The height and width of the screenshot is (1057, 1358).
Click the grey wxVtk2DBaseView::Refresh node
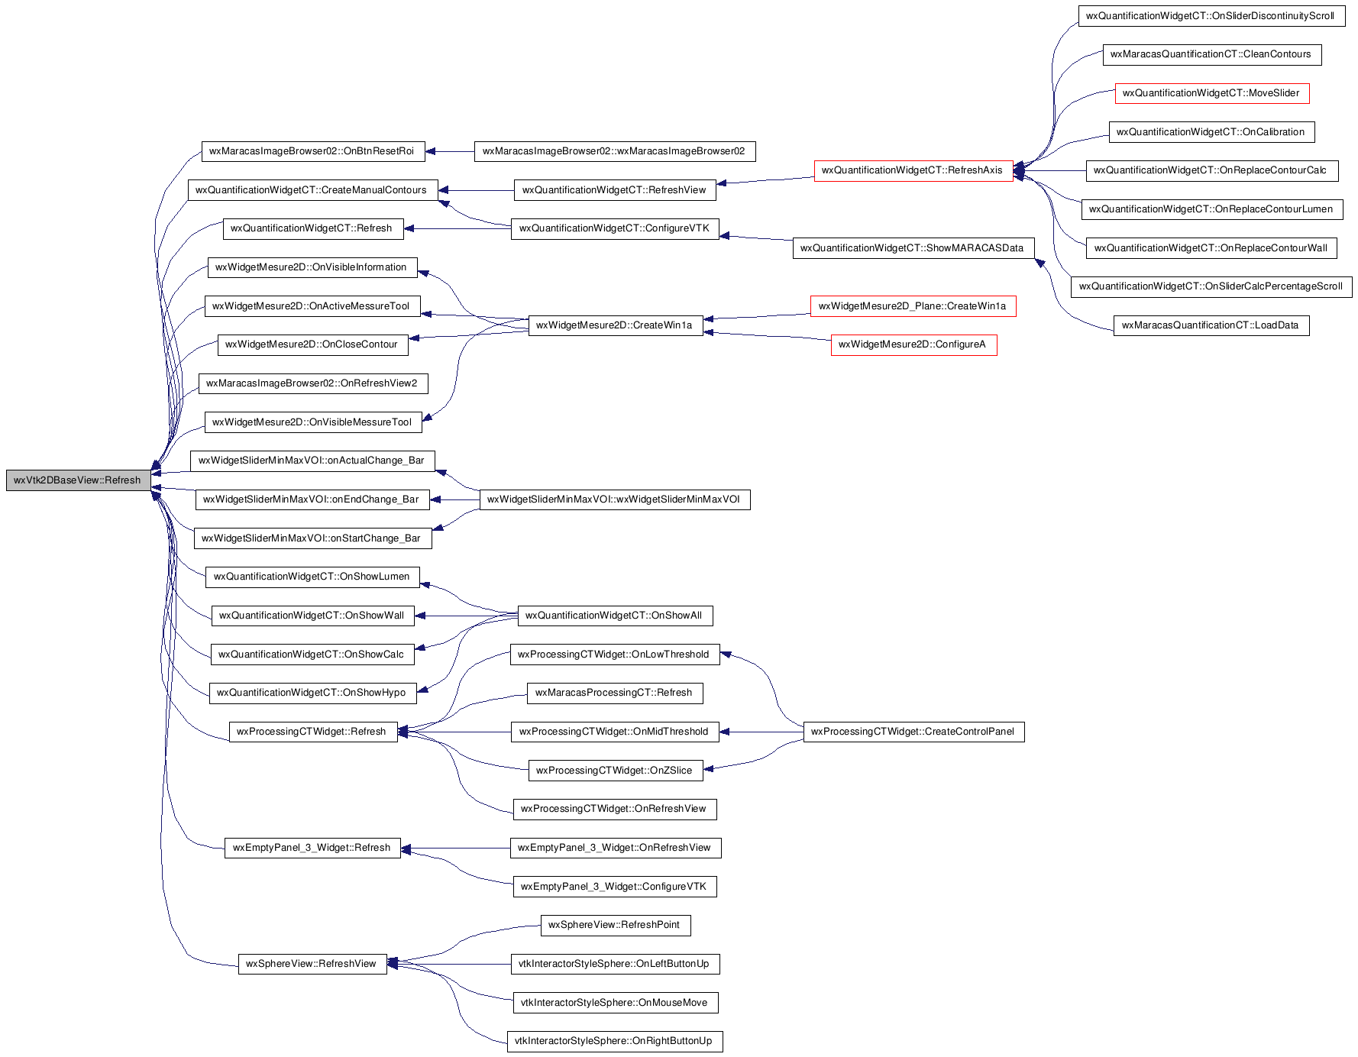(78, 480)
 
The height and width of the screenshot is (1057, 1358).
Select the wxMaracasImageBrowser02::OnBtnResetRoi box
(313, 151)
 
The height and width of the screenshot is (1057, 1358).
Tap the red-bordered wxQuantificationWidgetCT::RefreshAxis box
(913, 170)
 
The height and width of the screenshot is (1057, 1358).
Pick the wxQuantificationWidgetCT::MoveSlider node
(1212, 93)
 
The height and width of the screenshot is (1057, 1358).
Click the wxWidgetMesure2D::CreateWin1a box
(616, 325)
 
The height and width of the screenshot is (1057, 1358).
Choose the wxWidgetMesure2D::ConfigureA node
(913, 344)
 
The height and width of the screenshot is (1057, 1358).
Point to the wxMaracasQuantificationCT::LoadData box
(1211, 325)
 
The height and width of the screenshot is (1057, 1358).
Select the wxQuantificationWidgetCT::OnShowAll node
(615, 616)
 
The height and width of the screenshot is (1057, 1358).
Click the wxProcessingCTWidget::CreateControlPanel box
(913, 732)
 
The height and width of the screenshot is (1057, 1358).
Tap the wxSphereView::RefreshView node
(312, 964)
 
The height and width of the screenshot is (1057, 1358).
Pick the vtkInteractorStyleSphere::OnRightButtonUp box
(615, 1041)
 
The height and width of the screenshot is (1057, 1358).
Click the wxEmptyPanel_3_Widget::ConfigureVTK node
(615, 887)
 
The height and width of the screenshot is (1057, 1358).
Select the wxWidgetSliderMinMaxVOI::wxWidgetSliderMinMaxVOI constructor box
(615, 499)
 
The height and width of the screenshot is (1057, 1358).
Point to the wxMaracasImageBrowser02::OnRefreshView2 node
(313, 383)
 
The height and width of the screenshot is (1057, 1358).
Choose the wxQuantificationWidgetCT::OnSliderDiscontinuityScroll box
(1211, 16)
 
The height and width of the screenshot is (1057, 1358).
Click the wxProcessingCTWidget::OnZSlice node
(616, 771)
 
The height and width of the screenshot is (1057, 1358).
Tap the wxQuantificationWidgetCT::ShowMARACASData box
(913, 248)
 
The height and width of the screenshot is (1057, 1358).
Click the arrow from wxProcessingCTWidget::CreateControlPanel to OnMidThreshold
(761, 732)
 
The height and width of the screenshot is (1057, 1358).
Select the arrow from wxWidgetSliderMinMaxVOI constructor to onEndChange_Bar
(454, 500)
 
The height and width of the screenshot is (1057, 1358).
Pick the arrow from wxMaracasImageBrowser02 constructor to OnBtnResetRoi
(450, 151)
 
